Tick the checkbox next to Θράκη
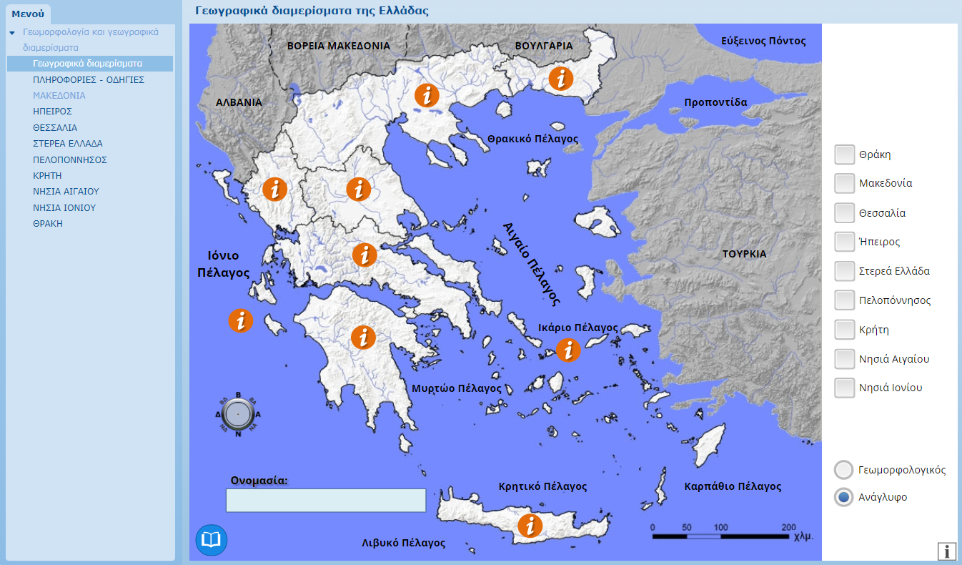tap(845, 154)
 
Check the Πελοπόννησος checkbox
tap(845, 300)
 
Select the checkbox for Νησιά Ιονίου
tap(845, 388)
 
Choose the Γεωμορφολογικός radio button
tap(844, 470)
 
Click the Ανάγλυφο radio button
tap(844, 497)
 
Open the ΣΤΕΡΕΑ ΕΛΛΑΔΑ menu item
tap(68, 144)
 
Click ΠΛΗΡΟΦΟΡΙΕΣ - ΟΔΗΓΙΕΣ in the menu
tap(89, 79)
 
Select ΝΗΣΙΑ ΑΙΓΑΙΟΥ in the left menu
tap(66, 192)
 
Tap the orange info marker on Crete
tap(530, 526)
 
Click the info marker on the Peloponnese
tap(363, 337)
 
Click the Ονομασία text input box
tap(326, 501)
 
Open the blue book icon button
tap(211, 540)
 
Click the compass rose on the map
tap(237, 413)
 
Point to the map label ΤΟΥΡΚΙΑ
tap(744, 254)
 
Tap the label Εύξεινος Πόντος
tap(763, 41)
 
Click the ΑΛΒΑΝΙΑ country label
tap(239, 102)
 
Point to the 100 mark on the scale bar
tap(720, 527)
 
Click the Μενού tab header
tap(28, 14)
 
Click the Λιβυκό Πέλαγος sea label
tap(403, 543)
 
